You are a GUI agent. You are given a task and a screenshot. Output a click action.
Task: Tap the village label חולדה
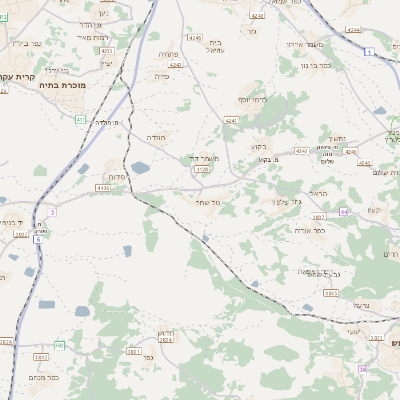pyautogui.click(x=159, y=136)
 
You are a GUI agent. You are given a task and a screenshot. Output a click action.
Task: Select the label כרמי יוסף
pyautogui.click(x=255, y=101)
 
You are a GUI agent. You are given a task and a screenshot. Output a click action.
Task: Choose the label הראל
pyautogui.click(x=319, y=193)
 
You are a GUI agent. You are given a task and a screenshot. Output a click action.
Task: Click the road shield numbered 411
pyautogui.click(x=79, y=119)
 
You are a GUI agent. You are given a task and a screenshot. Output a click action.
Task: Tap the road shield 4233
pyautogui.click(x=107, y=50)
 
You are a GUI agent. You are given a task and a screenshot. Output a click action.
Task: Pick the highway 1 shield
pyautogui.click(x=370, y=51)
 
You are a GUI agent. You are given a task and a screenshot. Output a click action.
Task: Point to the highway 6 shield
pyautogui.click(x=37, y=239)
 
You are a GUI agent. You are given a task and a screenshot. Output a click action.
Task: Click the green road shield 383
pyautogui.click(x=59, y=345)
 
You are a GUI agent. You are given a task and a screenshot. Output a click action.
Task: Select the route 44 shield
pyautogui.click(x=344, y=212)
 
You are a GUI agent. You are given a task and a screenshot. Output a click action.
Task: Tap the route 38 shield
pyautogui.click(x=363, y=369)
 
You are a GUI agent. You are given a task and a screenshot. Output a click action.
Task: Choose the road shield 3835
pyautogui.click(x=331, y=293)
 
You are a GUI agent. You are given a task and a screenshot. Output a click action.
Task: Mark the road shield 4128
pyautogui.click(x=201, y=170)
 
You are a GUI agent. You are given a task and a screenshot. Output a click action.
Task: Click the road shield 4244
pyautogui.click(x=353, y=31)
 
